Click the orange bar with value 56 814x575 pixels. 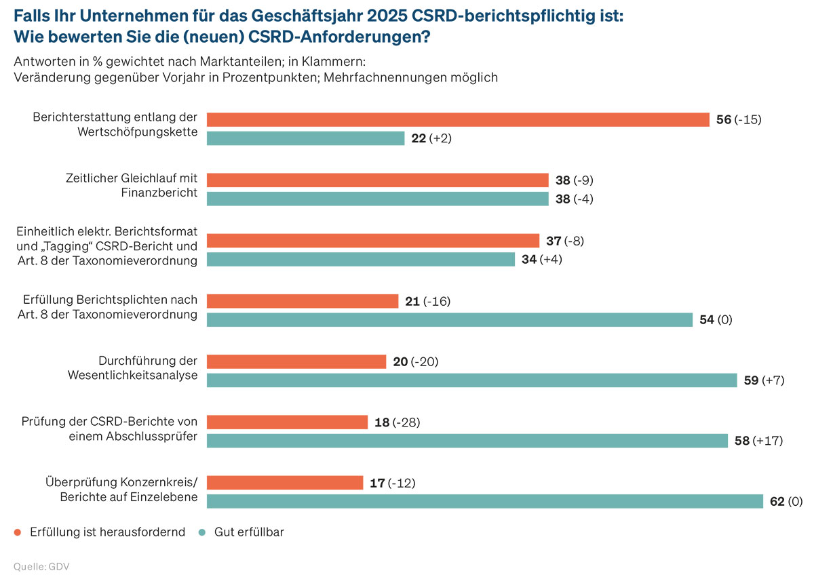pos(458,120)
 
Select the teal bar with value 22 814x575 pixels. pos(305,138)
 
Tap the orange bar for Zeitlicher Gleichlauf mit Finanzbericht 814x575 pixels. pos(377,180)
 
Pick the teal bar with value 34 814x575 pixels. pos(360,259)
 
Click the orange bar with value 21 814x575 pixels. pos(302,301)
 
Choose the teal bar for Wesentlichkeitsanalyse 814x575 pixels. pos(471,380)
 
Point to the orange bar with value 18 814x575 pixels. pos(287,422)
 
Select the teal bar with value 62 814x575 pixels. pos(484,501)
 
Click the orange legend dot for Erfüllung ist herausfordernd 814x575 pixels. pos(18,532)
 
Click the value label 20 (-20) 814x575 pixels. pos(416,362)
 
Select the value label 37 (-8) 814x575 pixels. pos(565,241)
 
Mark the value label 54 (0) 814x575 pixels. pos(716,320)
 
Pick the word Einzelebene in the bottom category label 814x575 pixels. pos(166,497)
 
